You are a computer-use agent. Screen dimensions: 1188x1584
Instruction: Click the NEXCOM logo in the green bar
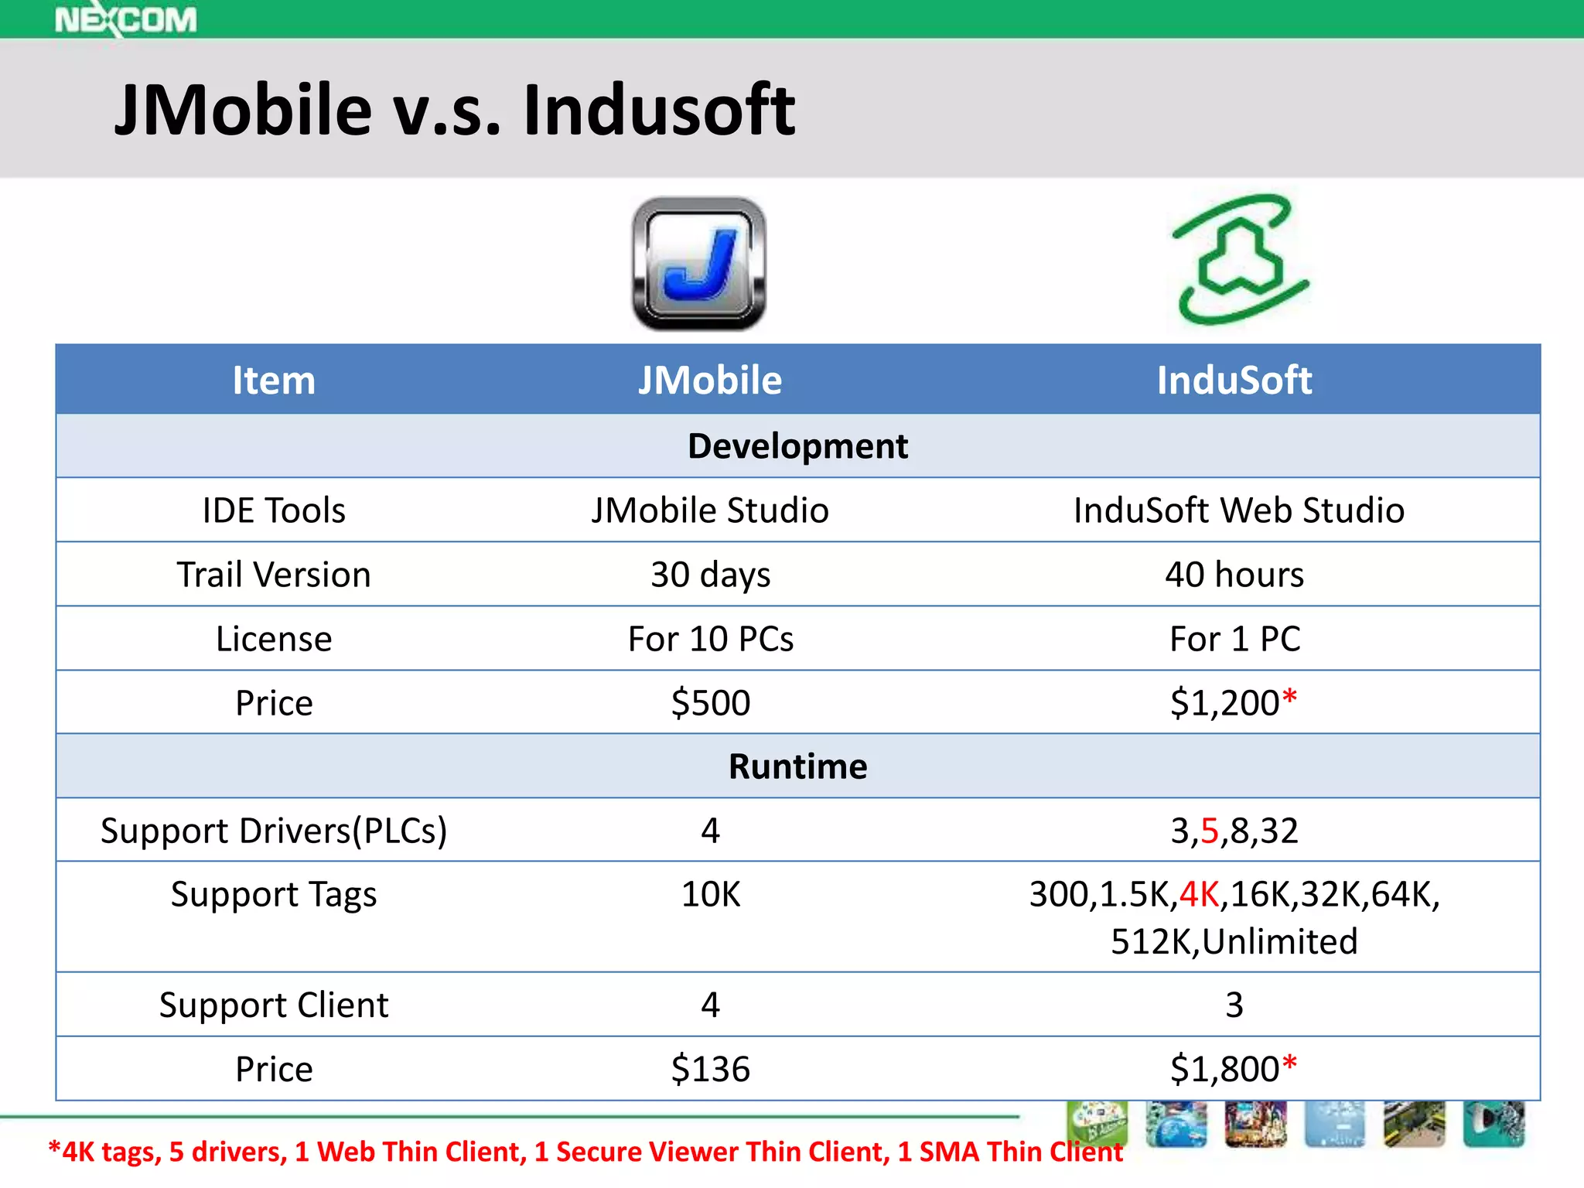125,19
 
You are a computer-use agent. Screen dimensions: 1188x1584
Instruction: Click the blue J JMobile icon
699,264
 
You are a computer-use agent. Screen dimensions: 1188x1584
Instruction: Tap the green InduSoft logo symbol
1240,260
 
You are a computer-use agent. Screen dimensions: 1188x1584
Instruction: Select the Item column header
274,381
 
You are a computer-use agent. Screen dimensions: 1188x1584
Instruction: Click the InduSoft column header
1234,381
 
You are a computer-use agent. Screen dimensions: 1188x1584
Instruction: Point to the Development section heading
797,446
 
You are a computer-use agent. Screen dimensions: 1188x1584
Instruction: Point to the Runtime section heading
797,766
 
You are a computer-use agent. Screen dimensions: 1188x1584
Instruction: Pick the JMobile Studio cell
710,510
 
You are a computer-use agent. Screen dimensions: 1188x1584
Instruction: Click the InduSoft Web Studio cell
1238,510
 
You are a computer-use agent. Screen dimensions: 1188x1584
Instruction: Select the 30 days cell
710,575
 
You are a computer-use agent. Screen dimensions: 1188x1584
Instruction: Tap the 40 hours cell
1234,575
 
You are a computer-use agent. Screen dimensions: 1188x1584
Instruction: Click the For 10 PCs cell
710,639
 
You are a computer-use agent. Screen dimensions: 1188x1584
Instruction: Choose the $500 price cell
710,703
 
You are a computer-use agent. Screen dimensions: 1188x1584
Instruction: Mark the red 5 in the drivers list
1210,831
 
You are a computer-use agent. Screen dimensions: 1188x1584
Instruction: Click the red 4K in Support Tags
1199,895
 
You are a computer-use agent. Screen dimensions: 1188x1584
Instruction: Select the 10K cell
710,895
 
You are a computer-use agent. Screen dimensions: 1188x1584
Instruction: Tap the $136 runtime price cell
710,1069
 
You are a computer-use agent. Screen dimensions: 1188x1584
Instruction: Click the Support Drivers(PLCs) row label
274,831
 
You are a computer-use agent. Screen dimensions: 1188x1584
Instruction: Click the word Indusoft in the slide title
659,110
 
